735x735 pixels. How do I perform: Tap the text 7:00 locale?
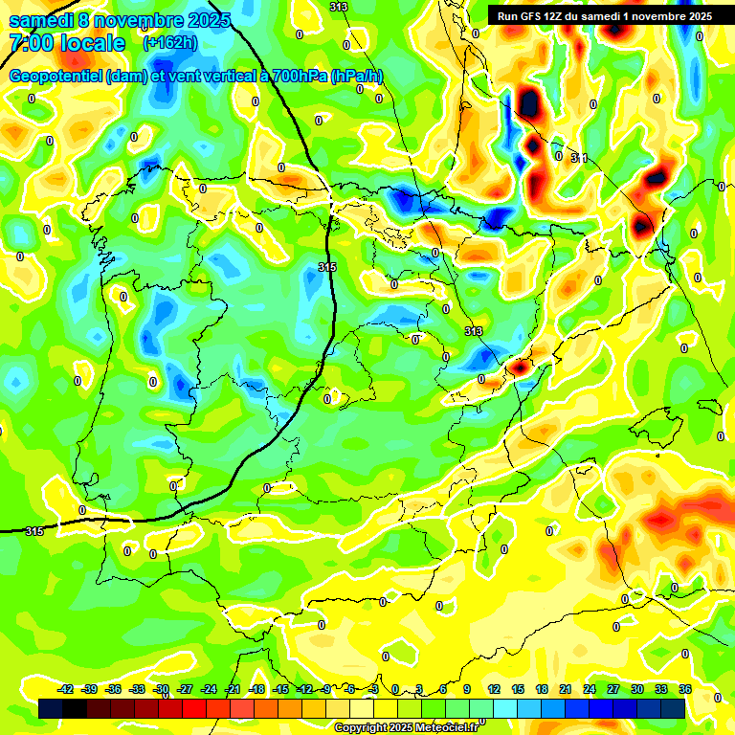[x=67, y=43]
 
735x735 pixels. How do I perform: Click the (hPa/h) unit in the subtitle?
[x=357, y=77]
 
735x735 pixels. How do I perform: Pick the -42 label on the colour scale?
[x=66, y=689]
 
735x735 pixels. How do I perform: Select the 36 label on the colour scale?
[x=685, y=689]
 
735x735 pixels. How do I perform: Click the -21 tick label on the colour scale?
[x=233, y=689]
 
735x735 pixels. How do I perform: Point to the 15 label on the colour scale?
[x=518, y=689]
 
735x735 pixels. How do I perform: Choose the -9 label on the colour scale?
[x=327, y=689]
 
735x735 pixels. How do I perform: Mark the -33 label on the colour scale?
[x=137, y=689]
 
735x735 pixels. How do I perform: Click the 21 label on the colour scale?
[x=566, y=689]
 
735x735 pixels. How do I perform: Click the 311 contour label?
[x=579, y=158]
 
